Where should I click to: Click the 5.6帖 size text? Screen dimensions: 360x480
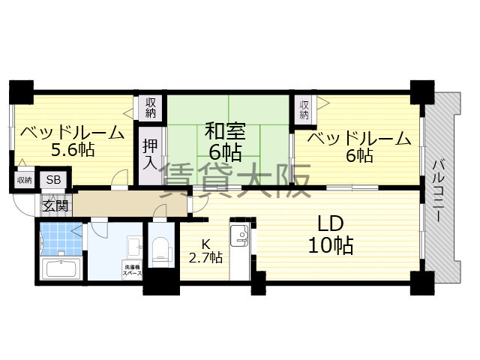pos(73,150)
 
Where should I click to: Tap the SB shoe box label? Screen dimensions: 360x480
pos(54,180)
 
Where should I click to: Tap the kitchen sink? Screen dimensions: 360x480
pos(240,235)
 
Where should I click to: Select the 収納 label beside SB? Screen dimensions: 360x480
pos(24,180)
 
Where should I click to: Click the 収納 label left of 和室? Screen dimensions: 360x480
pos(151,107)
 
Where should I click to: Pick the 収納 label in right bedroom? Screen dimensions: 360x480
pos(304,109)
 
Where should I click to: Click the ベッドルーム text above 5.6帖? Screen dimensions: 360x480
pos(73,133)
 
